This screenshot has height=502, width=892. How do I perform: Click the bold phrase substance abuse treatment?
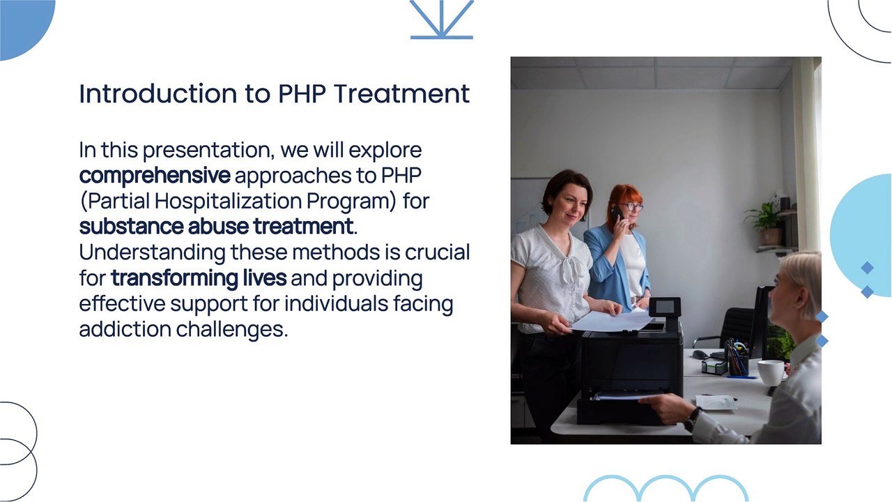[x=216, y=227]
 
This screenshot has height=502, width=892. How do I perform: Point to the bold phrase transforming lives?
[x=199, y=278]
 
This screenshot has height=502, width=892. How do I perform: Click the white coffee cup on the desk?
[x=770, y=372]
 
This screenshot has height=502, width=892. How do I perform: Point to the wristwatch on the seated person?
[x=692, y=418]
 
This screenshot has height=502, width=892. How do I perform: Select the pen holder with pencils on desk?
[x=736, y=358]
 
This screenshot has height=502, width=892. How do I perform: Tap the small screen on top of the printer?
[x=665, y=307]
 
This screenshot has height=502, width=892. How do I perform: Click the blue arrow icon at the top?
[x=441, y=20]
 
